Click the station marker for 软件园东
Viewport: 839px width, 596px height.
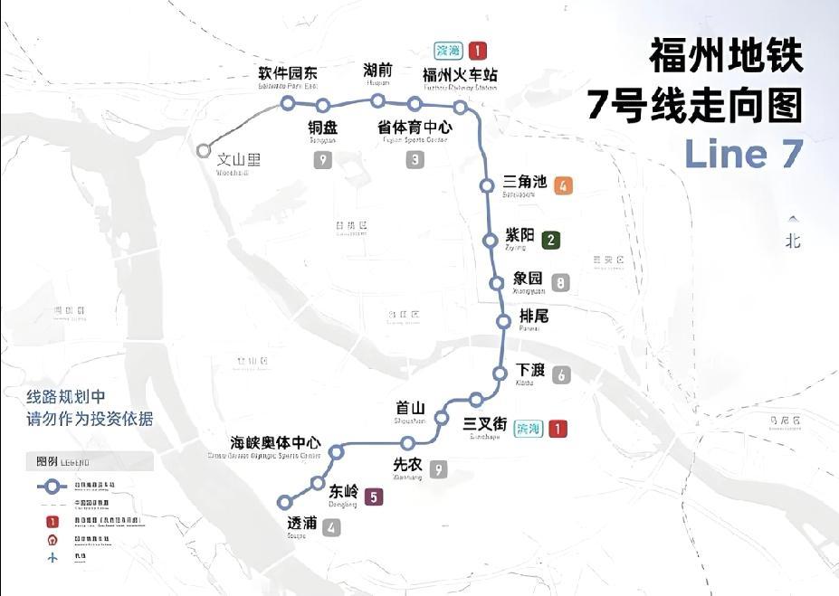[x=287, y=103]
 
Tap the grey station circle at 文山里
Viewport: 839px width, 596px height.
[x=204, y=151]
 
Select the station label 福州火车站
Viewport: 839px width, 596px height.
[x=460, y=74]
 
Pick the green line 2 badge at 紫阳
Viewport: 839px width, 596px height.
[x=550, y=241]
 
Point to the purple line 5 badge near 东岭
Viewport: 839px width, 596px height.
[x=373, y=496]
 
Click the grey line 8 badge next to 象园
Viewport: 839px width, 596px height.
[x=562, y=283]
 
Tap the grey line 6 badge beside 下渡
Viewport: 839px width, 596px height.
[x=561, y=374]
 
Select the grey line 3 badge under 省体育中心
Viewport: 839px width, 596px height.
[x=415, y=160]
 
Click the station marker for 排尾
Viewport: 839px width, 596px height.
[x=504, y=321]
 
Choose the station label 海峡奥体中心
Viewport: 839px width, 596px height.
[x=275, y=442]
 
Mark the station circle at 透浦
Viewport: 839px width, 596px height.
[x=285, y=502]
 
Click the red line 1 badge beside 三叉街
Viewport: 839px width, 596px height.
[x=558, y=429]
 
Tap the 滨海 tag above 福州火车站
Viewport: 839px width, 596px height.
[x=447, y=51]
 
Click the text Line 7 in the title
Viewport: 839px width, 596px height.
[x=743, y=154]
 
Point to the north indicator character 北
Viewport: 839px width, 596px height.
[x=794, y=241]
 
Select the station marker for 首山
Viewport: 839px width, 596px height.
[x=442, y=418]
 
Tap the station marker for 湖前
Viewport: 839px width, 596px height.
[x=377, y=100]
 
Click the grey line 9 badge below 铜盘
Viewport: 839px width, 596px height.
[x=323, y=160]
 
